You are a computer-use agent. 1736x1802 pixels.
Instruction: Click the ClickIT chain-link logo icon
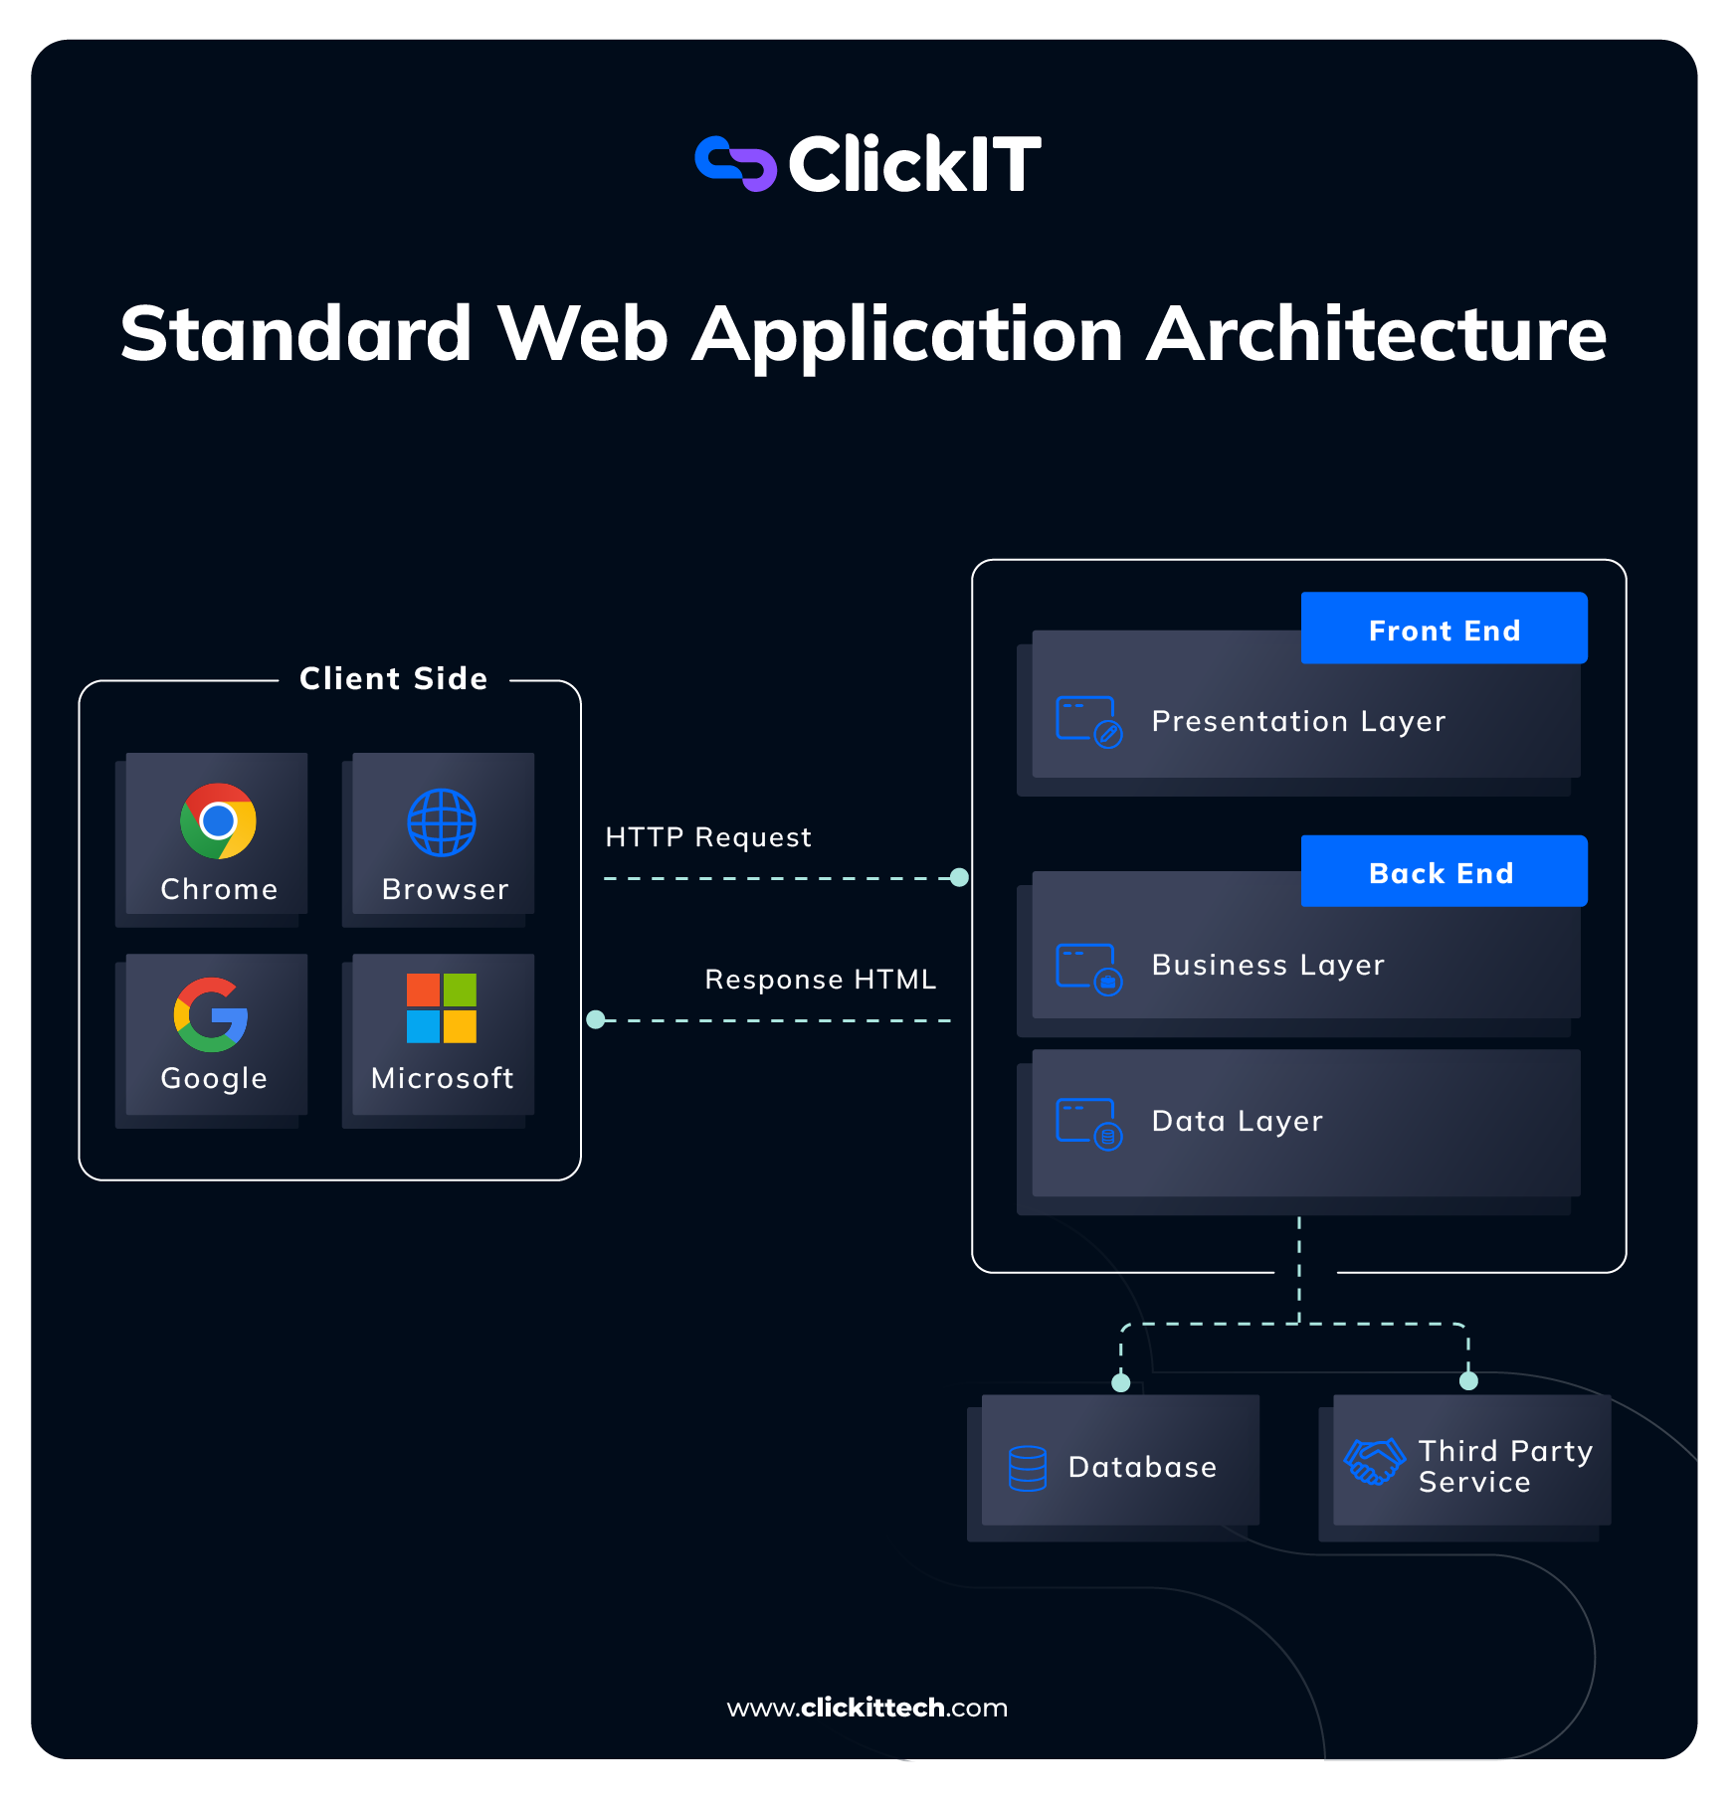click(x=735, y=163)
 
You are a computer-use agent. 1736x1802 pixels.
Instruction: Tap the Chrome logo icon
click(x=218, y=820)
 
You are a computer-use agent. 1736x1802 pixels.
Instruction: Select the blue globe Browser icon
click(x=442, y=822)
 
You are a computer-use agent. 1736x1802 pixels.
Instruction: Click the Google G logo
click(x=211, y=1014)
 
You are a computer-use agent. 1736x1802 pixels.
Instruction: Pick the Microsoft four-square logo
click(x=442, y=1007)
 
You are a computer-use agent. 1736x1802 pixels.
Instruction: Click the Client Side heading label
click(x=394, y=678)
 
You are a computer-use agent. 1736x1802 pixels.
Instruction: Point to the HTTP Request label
click(x=708, y=837)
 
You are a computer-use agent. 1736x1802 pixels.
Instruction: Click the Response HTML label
click(x=820, y=980)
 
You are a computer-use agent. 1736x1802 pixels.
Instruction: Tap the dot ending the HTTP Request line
click(x=959, y=877)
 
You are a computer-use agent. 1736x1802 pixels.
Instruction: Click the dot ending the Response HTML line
click(x=596, y=1019)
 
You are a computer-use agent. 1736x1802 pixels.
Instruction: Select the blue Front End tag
click(x=1444, y=629)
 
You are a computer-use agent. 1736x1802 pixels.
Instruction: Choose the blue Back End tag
click(x=1444, y=871)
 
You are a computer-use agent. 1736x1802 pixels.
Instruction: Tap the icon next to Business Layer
click(x=1088, y=968)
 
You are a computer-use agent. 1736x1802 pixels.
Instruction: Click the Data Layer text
click(x=1237, y=1121)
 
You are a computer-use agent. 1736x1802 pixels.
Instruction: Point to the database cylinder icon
click(x=1028, y=1468)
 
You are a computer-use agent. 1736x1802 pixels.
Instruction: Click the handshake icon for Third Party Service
click(x=1374, y=1462)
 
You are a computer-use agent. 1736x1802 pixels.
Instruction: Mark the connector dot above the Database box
click(x=1121, y=1382)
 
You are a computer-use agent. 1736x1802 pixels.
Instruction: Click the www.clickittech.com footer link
click(x=868, y=1708)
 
